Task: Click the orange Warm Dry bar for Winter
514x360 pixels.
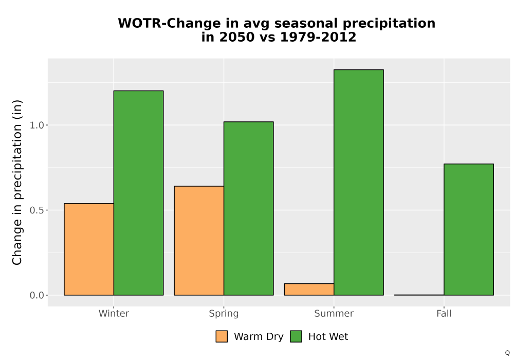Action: point(89,249)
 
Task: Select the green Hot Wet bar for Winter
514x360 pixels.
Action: point(138,193)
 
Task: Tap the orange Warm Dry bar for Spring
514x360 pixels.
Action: point(199,241)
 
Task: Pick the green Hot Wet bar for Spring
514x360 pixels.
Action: point(248,208)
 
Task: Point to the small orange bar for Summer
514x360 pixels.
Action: point(309,289)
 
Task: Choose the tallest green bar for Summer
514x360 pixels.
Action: point(359,182)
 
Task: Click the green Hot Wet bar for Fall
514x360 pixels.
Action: point(469,229)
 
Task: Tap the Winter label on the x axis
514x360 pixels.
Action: point(114,313)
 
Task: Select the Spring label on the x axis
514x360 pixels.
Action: point(224,314)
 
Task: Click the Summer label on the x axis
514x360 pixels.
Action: point(334,313)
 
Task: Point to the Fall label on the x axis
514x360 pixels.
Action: point(444,313)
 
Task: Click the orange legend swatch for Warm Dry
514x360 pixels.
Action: point(222,336)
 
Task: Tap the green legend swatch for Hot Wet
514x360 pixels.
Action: point(296,336)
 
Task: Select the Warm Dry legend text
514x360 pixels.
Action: point(259,337)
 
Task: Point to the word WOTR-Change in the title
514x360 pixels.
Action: point(169,23)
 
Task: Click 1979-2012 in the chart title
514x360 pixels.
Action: point(318,37)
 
